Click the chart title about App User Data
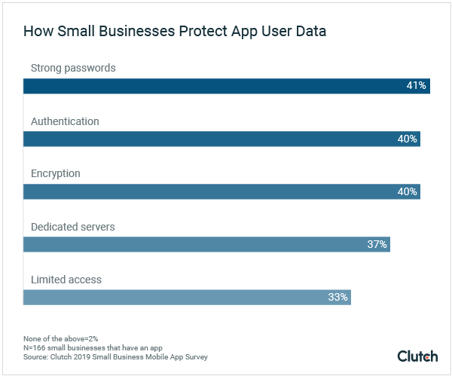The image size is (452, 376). [175, 32]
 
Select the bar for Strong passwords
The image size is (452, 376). [226, 86]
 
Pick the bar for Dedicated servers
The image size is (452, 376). [206, 244]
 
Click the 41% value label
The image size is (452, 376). [417, 86]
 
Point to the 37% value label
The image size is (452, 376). [377, 244]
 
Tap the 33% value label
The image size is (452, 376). [338, 297]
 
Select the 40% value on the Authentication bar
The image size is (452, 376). [407, 139]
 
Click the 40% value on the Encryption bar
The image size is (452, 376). [407, 191]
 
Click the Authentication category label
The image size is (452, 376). [65, 121]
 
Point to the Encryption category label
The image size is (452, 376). [55, 174]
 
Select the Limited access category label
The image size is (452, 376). [66, 280]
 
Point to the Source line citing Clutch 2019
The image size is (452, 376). [115, 357]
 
